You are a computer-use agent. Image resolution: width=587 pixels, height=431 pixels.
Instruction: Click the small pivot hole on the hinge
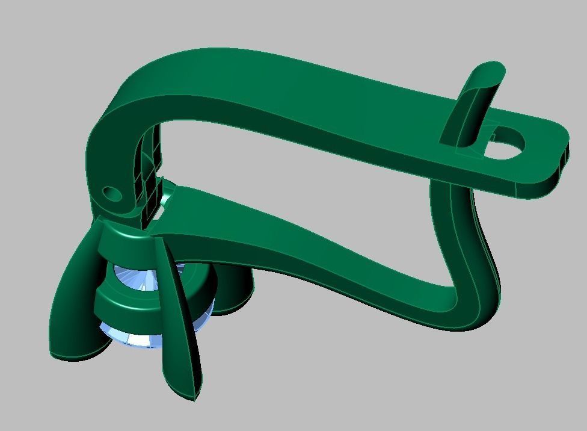coord(112,194)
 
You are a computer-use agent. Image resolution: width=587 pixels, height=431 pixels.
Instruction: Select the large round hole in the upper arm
coord(504,144)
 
